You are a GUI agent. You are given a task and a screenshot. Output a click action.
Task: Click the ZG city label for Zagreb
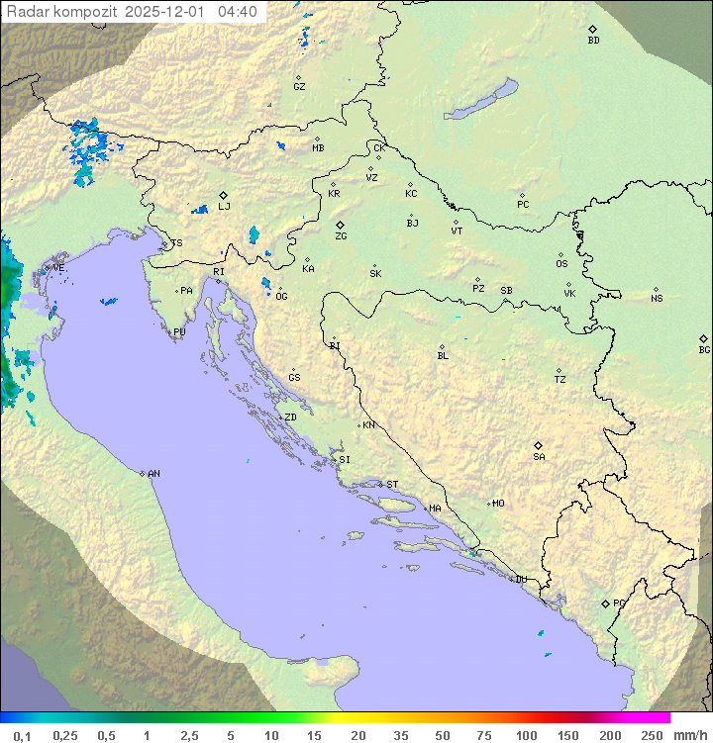pos(341,236)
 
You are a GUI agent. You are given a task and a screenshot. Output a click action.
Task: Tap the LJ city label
pos(224,207)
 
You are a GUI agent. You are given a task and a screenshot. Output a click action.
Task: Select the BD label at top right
pos(593,41)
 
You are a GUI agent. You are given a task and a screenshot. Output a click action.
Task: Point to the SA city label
pos(539,457)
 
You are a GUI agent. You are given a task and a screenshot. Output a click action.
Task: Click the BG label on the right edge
pos(704,350)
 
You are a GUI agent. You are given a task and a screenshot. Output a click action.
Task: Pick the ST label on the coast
pos(392,485)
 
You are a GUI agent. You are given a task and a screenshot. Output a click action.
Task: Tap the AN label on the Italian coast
pos(153,474)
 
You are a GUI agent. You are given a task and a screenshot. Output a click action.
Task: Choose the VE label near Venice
pos(58,268)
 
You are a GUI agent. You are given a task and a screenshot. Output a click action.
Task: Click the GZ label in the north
pos(299,87)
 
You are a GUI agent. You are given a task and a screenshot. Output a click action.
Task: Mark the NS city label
pos(657,299)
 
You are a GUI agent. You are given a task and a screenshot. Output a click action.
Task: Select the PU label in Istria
pos(179,332)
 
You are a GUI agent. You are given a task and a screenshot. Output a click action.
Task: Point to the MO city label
pos(498,504)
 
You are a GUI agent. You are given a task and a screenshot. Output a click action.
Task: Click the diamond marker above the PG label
pos(605,603)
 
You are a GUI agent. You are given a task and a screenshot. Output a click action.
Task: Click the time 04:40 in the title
pos(238,12)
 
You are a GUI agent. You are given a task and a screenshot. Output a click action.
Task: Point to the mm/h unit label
pos(689,735)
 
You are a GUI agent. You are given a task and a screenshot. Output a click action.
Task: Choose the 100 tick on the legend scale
pos(526,735)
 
